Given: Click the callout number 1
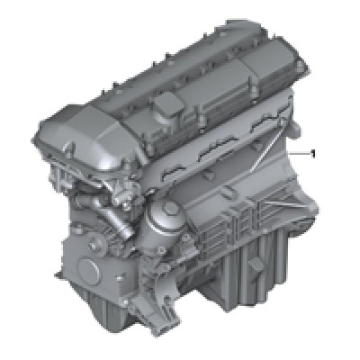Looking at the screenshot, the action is coord(313,154).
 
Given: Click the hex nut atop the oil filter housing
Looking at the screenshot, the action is coord(170,208).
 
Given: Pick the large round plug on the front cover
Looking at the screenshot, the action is coord(89,267).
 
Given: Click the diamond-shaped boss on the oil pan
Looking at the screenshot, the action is coord(256,266).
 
